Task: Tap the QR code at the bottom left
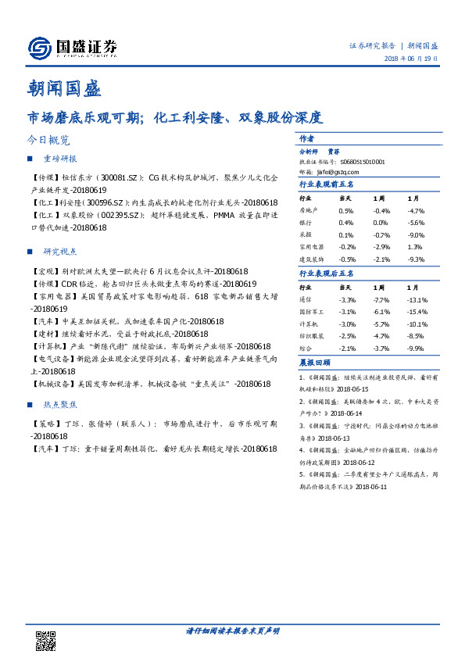click(46, 640)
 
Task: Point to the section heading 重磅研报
click(57, 159)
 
